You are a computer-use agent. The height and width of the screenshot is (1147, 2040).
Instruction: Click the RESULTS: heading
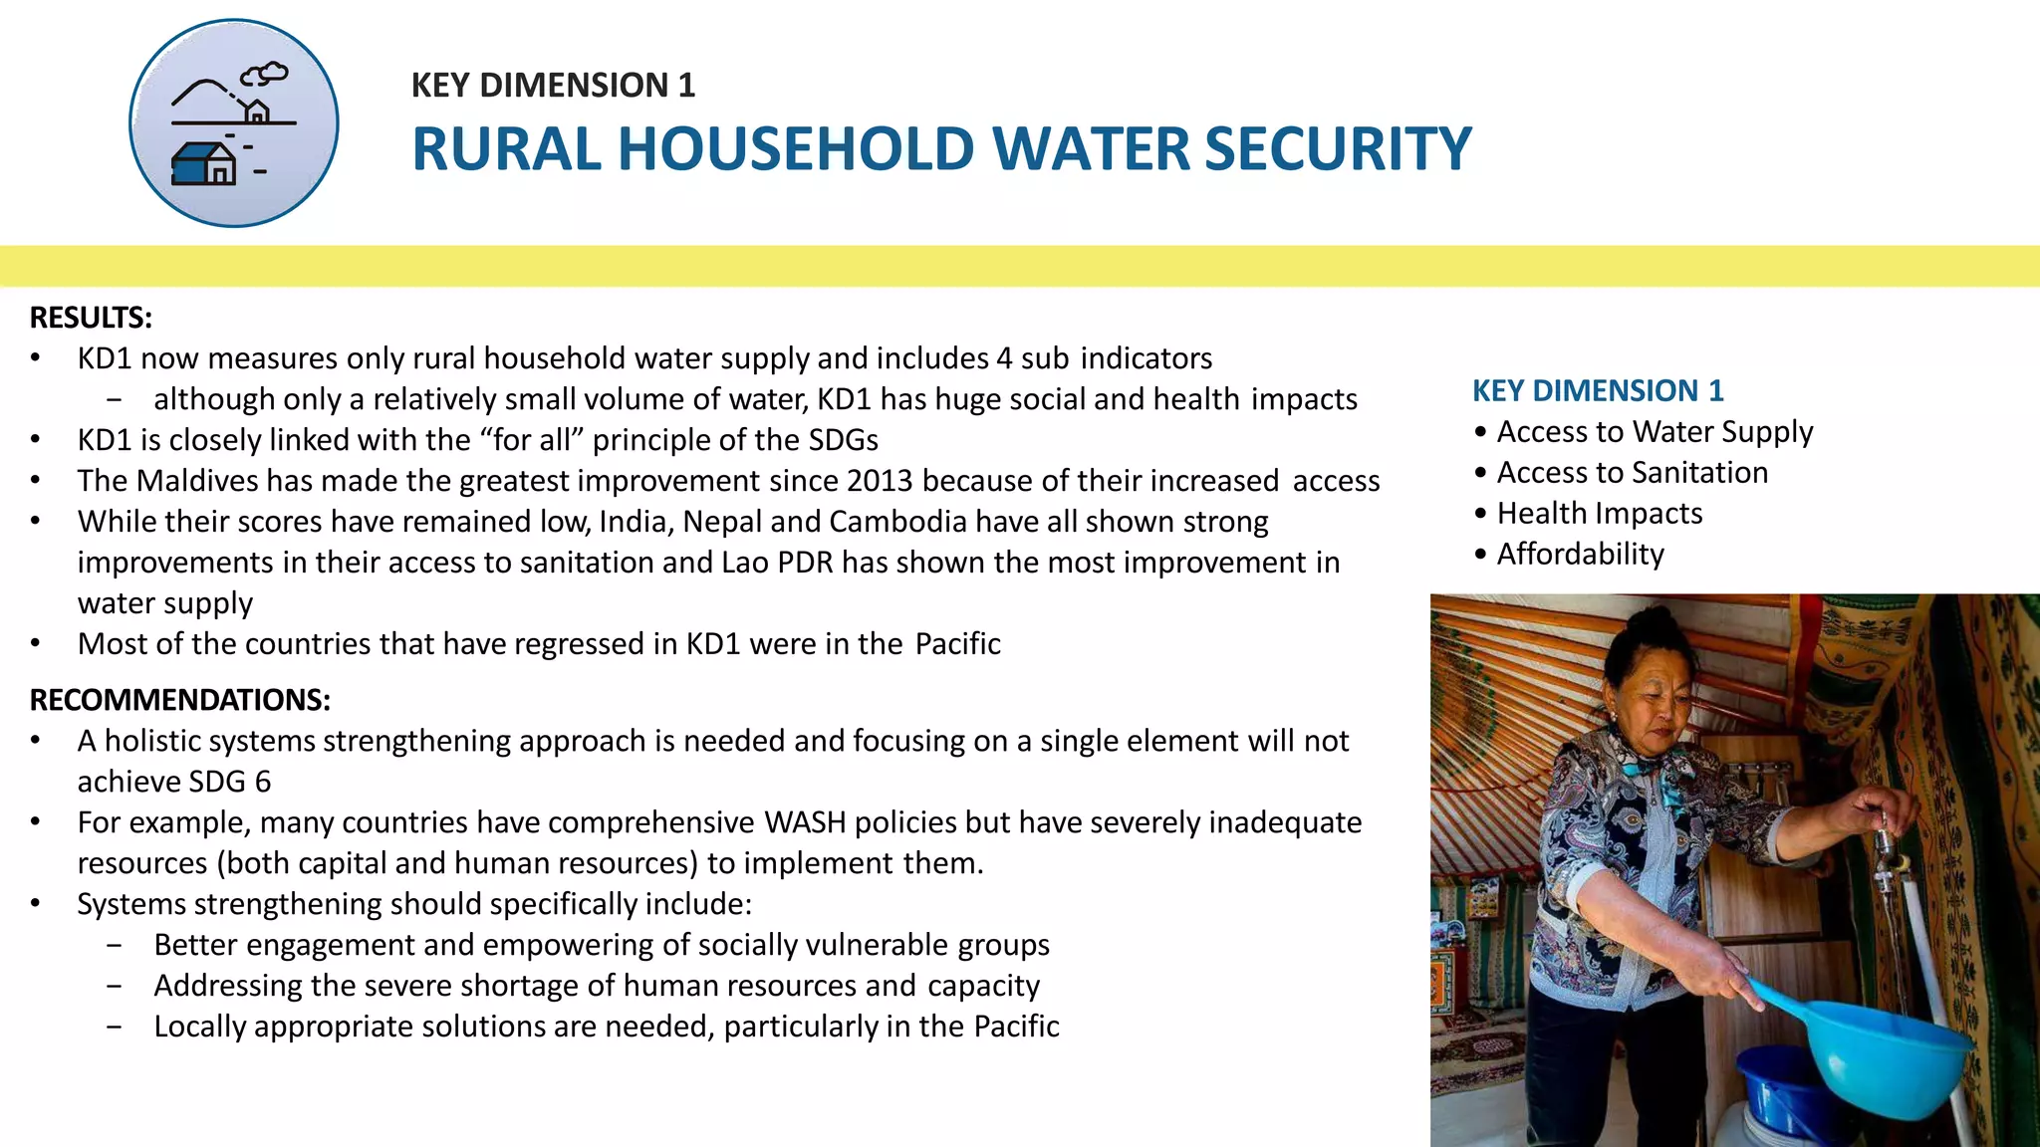click(91, 318)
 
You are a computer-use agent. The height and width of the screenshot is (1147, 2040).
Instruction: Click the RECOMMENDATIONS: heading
click(179, 700)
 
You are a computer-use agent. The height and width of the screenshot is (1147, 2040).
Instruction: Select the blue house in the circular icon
click(203, 164)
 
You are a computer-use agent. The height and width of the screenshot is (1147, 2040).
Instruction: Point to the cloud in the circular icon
click(265, 74)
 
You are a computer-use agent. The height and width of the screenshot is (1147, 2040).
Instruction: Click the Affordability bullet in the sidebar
click(1580, 554)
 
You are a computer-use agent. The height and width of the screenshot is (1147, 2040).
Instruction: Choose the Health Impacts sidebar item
click(1599, 513)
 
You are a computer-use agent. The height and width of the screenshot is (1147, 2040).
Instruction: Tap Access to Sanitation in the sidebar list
click(1632, 472)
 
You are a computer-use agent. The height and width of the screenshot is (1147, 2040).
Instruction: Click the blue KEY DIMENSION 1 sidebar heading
click(1598, 390)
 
